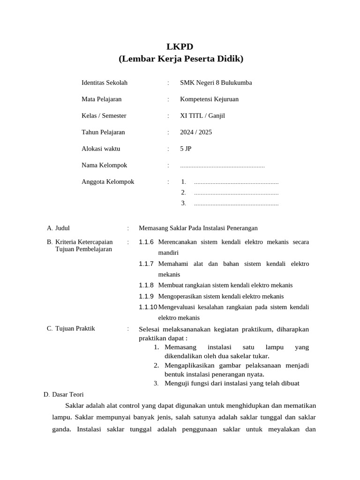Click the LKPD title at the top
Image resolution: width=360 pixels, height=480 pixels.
(180, 46)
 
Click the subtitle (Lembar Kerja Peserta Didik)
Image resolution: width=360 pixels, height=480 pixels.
(180, 59)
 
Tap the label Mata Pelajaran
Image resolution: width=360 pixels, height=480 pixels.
(101, 99)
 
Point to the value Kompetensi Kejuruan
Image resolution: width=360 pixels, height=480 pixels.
(209, 99)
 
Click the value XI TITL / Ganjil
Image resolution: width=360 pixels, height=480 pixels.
(202, 115)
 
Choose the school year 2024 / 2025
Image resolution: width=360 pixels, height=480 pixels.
(196, 132)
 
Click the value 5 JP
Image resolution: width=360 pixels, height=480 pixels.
(186, 149)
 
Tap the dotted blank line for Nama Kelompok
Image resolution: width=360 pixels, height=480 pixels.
(222, 166)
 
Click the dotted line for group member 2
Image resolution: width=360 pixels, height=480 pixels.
(236, 193)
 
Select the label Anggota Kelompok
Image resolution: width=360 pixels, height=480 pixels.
(108, 181)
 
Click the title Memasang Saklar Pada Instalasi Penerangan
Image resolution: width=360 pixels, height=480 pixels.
(198, 228)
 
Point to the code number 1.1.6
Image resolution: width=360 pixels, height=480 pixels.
(146, 242)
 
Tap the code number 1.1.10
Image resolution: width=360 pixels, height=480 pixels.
(148, 307)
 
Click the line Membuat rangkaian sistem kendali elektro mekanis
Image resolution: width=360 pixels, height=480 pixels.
(225, 285)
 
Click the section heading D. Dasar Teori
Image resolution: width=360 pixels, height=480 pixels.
(64, 394)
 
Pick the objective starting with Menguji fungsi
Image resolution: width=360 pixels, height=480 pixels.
(232, 383)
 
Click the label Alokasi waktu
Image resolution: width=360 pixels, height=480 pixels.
(101, 149)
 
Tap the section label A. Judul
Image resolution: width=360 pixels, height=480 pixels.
(58, 228)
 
